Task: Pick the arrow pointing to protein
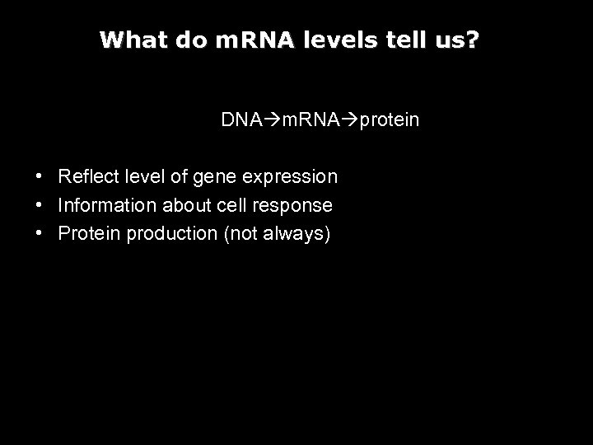point(350,120)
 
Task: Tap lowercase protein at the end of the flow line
point(390,121)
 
